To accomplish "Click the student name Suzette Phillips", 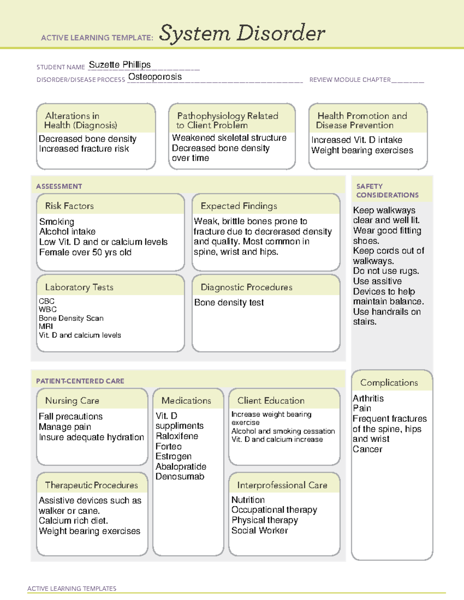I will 119,65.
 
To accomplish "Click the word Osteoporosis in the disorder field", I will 155,77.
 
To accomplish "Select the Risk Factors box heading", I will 69,206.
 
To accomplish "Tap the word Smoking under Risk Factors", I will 56,222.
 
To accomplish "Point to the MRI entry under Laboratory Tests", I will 46,326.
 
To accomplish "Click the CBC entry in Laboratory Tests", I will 46,301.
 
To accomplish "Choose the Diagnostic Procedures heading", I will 246,287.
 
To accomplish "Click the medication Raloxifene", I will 177,436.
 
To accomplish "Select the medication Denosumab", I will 179,477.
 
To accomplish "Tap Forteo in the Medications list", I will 168,447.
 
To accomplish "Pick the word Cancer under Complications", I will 367,449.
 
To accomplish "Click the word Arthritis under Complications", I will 368,398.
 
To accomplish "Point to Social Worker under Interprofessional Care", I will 259,530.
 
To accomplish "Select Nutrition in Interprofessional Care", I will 248,500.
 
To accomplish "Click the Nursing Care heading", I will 72,401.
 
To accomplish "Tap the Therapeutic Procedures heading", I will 91,485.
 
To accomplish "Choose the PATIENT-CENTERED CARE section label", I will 80,381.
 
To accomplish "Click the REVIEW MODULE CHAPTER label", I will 350,80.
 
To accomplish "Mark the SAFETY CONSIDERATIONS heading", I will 387,191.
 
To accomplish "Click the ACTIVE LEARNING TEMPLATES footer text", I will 72,588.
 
